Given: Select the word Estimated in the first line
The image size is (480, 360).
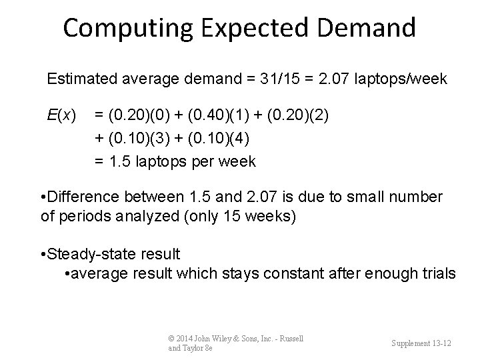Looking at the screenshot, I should [78, 79].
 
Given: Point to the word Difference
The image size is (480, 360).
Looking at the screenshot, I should [83, 197].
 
